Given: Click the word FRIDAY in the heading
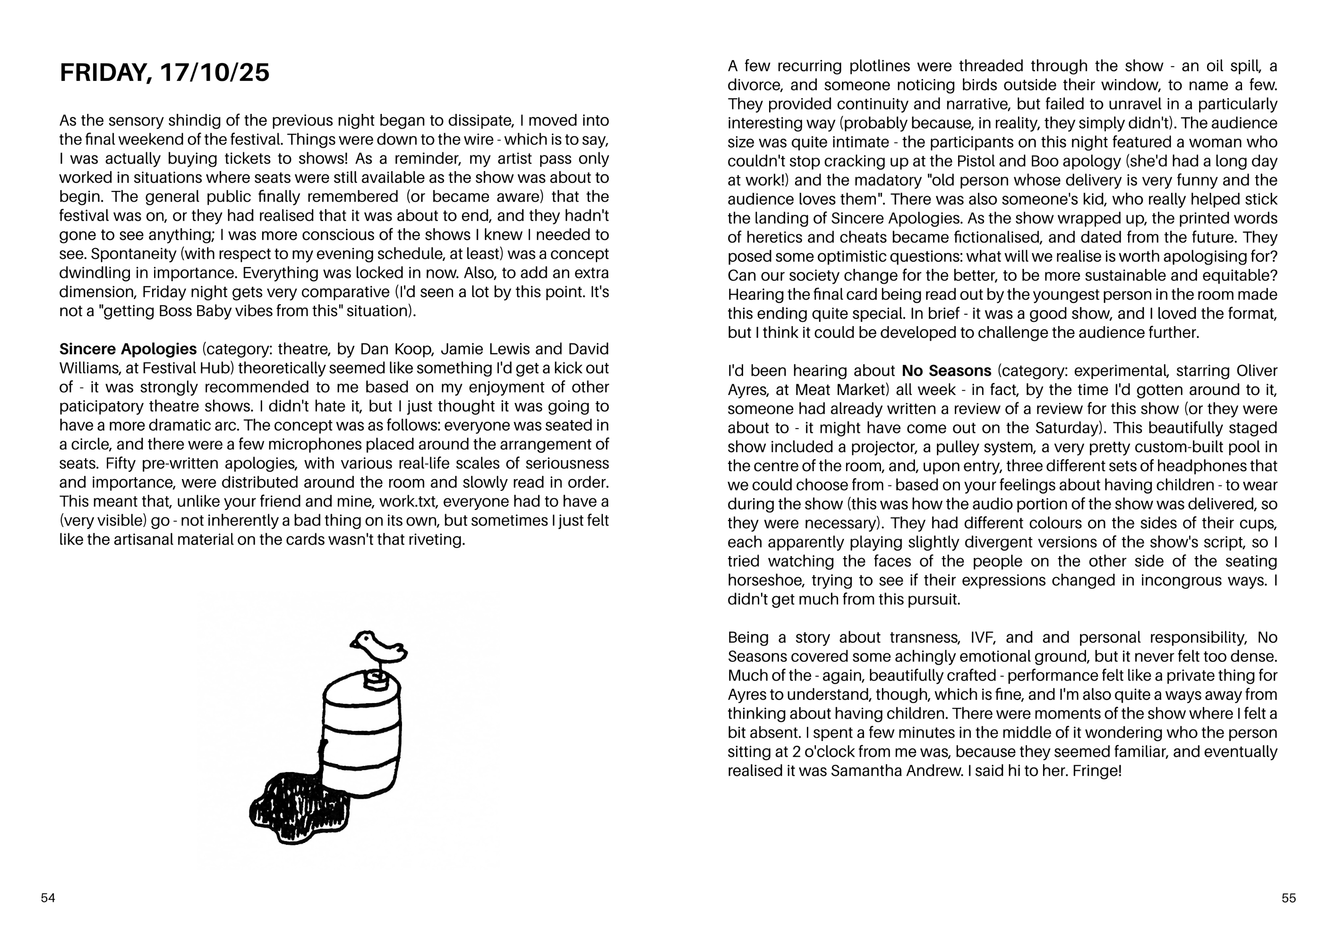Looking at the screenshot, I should (x=105, y=73).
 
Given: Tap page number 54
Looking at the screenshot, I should (x=48, y=898).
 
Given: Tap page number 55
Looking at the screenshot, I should (x=1288, y=898).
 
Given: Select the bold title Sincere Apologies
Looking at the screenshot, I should (x=128, y=349).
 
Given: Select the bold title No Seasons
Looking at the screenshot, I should (x=946, y=370).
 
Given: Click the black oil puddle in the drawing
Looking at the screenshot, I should (x=297, y=809).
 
